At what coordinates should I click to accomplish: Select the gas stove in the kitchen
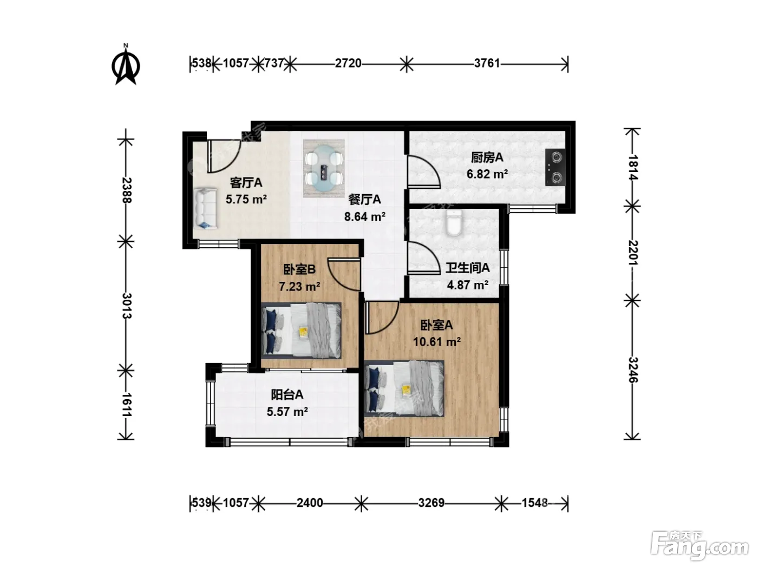[x=556, y=168]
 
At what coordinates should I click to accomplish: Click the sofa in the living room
[x=205, y=208]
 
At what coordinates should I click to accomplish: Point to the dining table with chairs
[x=324, y=168]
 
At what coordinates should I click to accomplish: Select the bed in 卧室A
[x=404, y=388]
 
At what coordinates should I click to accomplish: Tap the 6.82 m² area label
[x=487, y=174]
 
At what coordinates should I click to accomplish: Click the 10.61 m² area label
[x=437, y=341]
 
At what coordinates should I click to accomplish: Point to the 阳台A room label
[x=287, y=394]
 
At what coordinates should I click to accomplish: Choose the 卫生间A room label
[x=467, y=268]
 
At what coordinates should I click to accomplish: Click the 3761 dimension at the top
[x=487, y=63]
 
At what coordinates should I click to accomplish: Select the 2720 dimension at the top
[x=348, y=63]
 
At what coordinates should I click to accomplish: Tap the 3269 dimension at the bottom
[x=432, y=503]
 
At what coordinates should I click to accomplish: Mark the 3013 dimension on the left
[x=126, y=306]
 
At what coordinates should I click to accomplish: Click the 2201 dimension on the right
[x=633, y=253]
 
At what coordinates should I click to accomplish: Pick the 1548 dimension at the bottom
[x=534, y=503]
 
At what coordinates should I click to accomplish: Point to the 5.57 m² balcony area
[x=287, y=412]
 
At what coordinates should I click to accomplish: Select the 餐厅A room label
[x=365, y=199]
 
